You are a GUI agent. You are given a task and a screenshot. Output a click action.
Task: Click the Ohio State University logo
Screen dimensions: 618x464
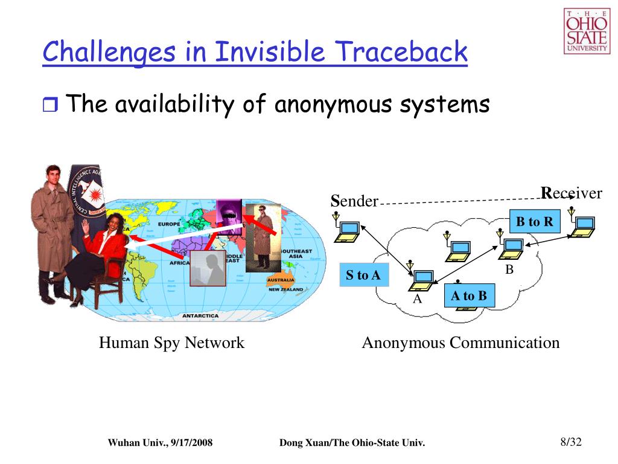tap(587, 31)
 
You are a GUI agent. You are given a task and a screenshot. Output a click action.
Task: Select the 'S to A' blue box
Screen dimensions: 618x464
tap(363, 275)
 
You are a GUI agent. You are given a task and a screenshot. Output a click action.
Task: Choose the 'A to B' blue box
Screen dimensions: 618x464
tap(468, 295)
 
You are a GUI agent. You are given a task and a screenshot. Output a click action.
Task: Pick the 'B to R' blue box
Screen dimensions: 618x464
tap(534, 221)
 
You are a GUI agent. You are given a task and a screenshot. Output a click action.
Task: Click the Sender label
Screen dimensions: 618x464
tap(354, 201)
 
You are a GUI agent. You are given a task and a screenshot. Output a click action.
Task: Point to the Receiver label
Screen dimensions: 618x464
tap(572, 193)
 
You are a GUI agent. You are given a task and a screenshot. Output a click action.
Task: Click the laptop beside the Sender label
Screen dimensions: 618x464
tap(348, 230)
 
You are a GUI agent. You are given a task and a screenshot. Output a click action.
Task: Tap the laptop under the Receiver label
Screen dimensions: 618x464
tap(583, 225)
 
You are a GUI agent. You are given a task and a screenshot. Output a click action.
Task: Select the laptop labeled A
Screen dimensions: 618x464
tap(422, 279)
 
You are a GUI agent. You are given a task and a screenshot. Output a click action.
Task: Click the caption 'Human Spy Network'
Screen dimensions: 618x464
tap(171, 343)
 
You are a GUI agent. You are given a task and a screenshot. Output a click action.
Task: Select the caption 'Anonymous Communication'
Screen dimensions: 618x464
tap(460, 343)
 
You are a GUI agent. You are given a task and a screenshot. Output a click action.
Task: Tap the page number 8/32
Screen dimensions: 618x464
tap(570, 442)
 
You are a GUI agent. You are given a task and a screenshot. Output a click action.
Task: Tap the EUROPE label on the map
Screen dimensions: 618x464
tap(170, 224)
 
